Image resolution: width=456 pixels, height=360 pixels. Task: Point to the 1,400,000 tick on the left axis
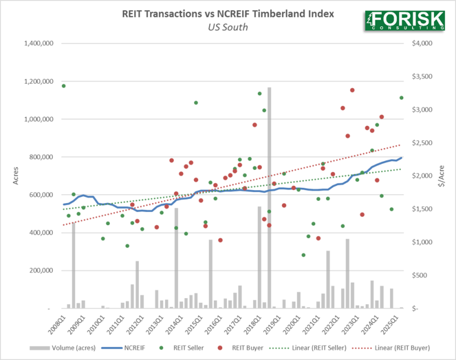(39, 44)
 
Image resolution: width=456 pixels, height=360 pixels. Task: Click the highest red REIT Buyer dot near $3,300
(352, 90)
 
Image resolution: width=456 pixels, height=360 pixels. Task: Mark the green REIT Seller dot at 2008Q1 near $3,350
(64, 86)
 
